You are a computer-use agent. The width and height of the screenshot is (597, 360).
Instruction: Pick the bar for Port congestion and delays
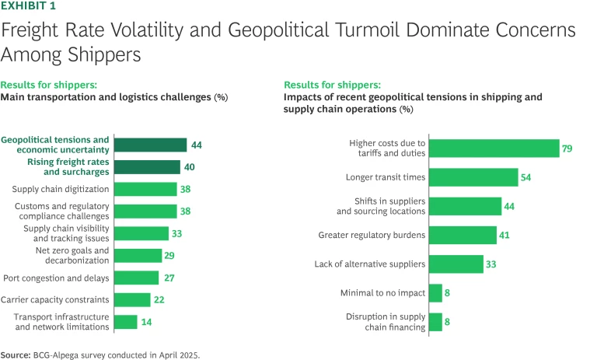(136, 278)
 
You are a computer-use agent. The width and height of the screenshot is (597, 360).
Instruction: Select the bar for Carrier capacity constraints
(132, 299)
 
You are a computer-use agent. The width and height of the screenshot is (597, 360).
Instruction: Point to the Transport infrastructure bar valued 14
(125, 322)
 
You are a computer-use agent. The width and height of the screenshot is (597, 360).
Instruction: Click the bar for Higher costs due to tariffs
(494, 148)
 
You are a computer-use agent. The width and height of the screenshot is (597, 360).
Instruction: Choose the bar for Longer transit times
(473, 177)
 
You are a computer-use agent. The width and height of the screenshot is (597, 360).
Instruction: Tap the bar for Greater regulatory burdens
(463, 235)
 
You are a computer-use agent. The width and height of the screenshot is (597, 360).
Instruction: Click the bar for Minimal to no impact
(435, 293)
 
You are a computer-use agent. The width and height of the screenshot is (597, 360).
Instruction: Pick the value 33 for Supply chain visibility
(178, 233)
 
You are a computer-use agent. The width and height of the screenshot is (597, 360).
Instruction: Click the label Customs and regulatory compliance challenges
(61, 211)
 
